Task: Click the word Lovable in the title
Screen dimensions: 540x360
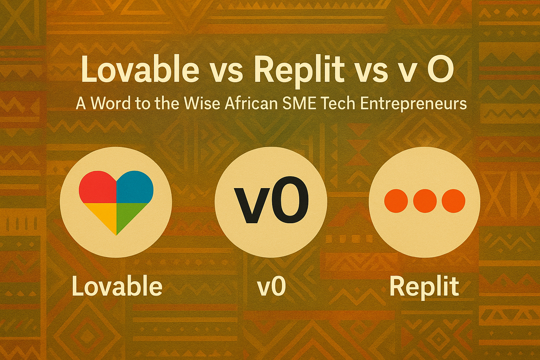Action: pyautogui.click(x=140, y=69)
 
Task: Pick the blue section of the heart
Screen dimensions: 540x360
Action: pyautogui.click(x=135, y=187)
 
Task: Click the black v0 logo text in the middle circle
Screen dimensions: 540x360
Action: pyautogui.click(x=271, y=200)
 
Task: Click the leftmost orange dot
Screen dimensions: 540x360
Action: pyautogui.click(x=396, y=201)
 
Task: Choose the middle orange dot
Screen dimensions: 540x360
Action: pyautogui.click(x=425, y=201)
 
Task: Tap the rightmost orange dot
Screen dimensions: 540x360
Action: pyautogui.click(x=454, y=201)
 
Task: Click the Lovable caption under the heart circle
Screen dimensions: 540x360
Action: pyautogui.click(x=117, y=286)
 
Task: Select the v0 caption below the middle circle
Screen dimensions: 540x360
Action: pyautogui.click(x=271, y=287)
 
